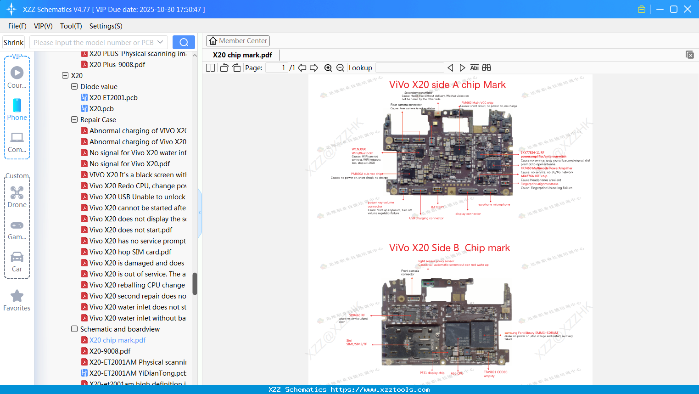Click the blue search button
(x=184, y=42)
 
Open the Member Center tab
(x=238, y=41)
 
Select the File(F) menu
(x=17, y=26)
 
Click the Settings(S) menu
(x=106, y=26)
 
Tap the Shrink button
(x=13, y=42)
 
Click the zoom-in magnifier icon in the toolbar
(x=328, y=68)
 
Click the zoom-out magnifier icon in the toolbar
(x=340, y=68)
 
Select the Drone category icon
(x=17, y=193)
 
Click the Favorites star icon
(x=17, y=296)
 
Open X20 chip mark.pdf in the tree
(x=117, y=340)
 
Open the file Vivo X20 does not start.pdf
(x=131, y=230)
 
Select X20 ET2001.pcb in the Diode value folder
(x=113, y=98)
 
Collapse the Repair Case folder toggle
(x=74, y=120)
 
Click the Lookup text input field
(x=409, y=68)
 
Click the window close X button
(x=687, y=9)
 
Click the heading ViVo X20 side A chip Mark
(x=447, y=85)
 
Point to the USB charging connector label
(x=426, y=218)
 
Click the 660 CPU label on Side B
(x=457, y=373)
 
